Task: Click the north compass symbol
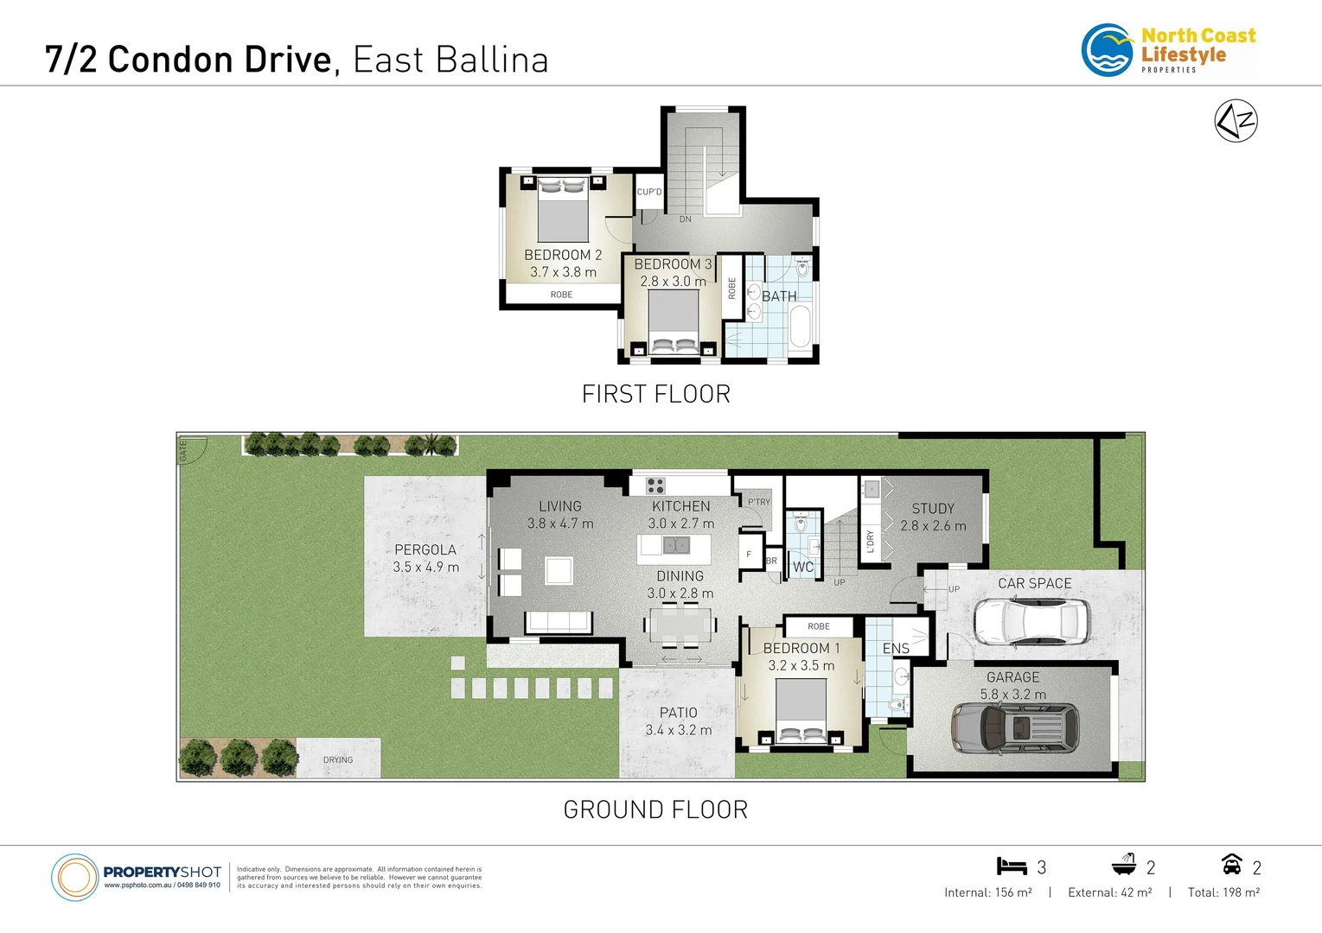[1236, 121]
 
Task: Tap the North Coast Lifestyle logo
[1168, 50]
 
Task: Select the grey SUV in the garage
[1015, 727]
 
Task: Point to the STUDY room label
[933, 509]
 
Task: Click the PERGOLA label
[425, 549]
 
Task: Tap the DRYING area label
[338, 760]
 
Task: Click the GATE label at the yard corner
[183, 450]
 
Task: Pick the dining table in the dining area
[681, 625]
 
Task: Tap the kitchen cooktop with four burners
[655, 486]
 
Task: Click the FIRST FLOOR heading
[655, 394]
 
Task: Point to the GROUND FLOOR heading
[655, 809]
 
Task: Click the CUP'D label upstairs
[648, 192]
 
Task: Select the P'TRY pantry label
[758, 502]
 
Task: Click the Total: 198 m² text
[1223, 892]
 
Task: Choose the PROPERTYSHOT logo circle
[75, 878]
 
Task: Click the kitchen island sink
[676, 545]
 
